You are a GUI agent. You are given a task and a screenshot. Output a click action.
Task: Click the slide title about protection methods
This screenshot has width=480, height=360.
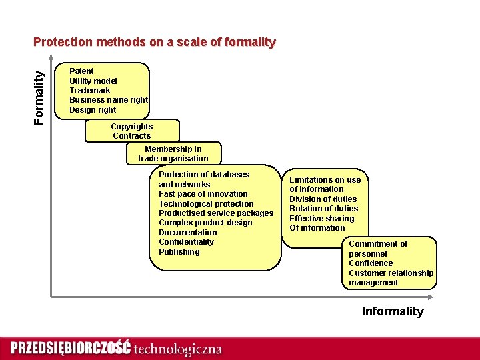click(154, 42)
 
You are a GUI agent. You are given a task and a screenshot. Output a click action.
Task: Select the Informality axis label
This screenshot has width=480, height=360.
click(392, 311)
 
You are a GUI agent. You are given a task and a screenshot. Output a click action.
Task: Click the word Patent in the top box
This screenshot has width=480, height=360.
click(81, 71)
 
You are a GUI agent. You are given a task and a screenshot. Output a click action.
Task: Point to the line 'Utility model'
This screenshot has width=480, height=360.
click(93, 81)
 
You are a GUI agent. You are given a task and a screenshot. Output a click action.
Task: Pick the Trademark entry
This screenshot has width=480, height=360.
click(90, 90)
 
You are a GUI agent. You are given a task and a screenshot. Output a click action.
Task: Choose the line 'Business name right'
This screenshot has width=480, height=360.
click(109, 100)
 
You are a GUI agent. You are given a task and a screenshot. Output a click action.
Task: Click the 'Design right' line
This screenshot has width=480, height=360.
click(93, 109)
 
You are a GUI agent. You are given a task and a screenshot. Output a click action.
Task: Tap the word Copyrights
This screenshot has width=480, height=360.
click(131, 126)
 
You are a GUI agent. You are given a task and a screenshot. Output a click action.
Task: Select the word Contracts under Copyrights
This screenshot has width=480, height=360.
click(131, 136)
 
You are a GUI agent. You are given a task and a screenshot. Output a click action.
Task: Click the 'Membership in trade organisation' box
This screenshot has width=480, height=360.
click(173, 154)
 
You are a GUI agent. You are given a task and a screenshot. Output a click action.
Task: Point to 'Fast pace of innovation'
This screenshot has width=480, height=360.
click(203, 194)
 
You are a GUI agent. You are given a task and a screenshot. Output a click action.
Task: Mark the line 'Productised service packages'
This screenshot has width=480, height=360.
click(216, 213)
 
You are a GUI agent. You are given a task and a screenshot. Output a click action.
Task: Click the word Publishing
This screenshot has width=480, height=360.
click(179, 252)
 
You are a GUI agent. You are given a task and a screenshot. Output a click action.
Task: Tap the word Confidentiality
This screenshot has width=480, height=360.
click(186, 242)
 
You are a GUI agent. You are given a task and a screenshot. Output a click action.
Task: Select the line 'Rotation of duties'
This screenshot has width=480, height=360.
click(323, 209)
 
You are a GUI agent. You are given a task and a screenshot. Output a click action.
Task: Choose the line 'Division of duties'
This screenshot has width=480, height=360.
click(323, 199)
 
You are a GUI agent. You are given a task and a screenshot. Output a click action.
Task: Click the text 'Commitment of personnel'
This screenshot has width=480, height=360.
click(378, 249)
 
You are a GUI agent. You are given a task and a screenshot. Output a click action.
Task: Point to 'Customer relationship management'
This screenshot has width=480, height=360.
click(391, 278)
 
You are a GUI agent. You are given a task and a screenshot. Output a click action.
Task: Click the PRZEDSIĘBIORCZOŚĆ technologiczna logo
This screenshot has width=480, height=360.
click(115, 348)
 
